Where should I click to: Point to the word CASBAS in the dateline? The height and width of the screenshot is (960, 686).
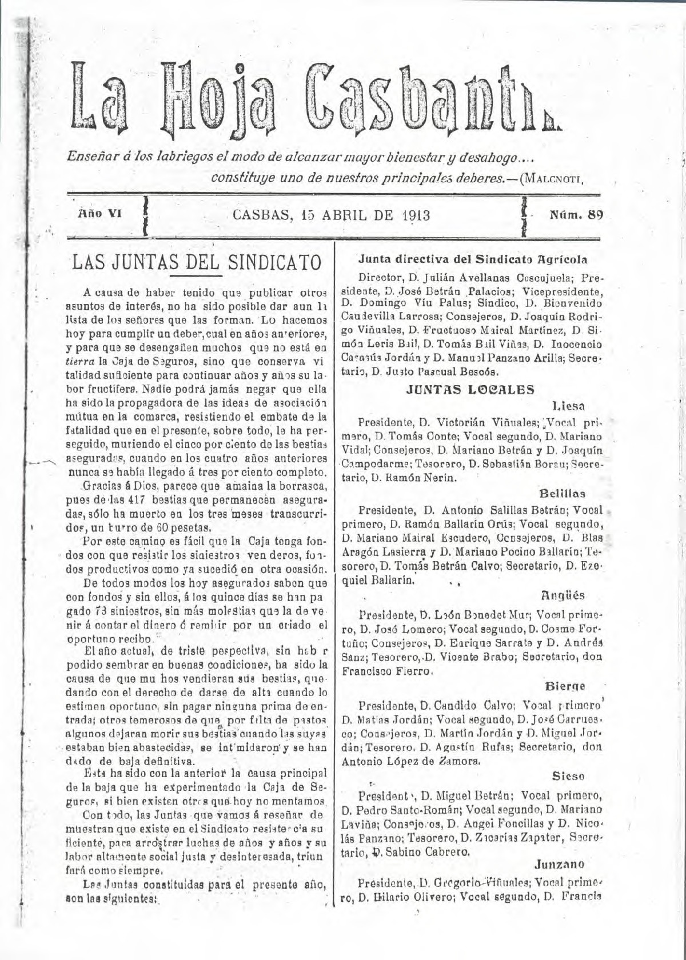pyautogui.click(x=262, y=216)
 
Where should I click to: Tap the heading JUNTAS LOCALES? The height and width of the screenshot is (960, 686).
pyautogui.click(x=470, y=390)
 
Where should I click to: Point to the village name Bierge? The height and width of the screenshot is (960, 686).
pyautogui.click(x=565, y=686)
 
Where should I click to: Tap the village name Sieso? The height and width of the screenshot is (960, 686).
pyautogui.click(x=568, y=777)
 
